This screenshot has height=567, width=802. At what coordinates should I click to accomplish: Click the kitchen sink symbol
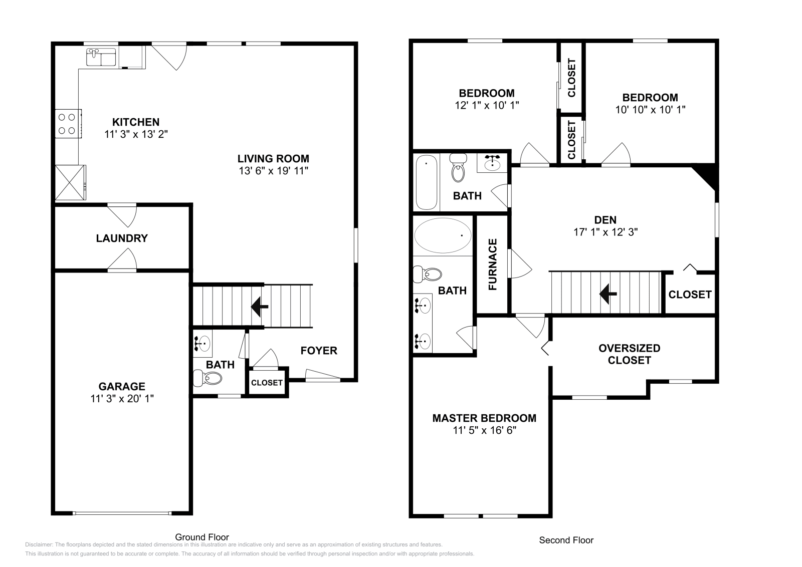point(101,57)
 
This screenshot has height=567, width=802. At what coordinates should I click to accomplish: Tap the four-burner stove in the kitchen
point(68,124)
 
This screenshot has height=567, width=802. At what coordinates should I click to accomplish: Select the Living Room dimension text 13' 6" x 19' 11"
point(273,171)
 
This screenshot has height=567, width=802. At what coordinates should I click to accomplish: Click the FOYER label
point(319,351)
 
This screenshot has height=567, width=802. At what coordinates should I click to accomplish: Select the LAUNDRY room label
point(122,238)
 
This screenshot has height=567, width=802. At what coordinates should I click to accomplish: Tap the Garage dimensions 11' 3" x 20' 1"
point(122,399)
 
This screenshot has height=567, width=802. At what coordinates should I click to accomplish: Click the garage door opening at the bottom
point(122,513)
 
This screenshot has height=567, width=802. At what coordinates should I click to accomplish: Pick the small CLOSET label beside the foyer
point(267,383)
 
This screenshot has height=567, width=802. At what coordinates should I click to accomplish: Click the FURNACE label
point(493,264)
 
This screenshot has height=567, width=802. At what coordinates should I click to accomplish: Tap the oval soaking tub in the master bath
point(443,235)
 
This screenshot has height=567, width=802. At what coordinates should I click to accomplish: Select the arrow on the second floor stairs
point(608,294)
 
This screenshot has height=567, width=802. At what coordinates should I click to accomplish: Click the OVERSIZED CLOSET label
point(629,354)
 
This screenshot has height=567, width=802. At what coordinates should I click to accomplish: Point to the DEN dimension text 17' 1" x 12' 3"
point(606,232)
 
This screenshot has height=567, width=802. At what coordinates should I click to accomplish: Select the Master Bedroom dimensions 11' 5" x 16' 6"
point(484,430)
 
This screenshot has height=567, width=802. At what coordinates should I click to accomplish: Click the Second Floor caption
point(566,540)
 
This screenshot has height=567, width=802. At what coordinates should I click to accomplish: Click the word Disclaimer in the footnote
point(38,544)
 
